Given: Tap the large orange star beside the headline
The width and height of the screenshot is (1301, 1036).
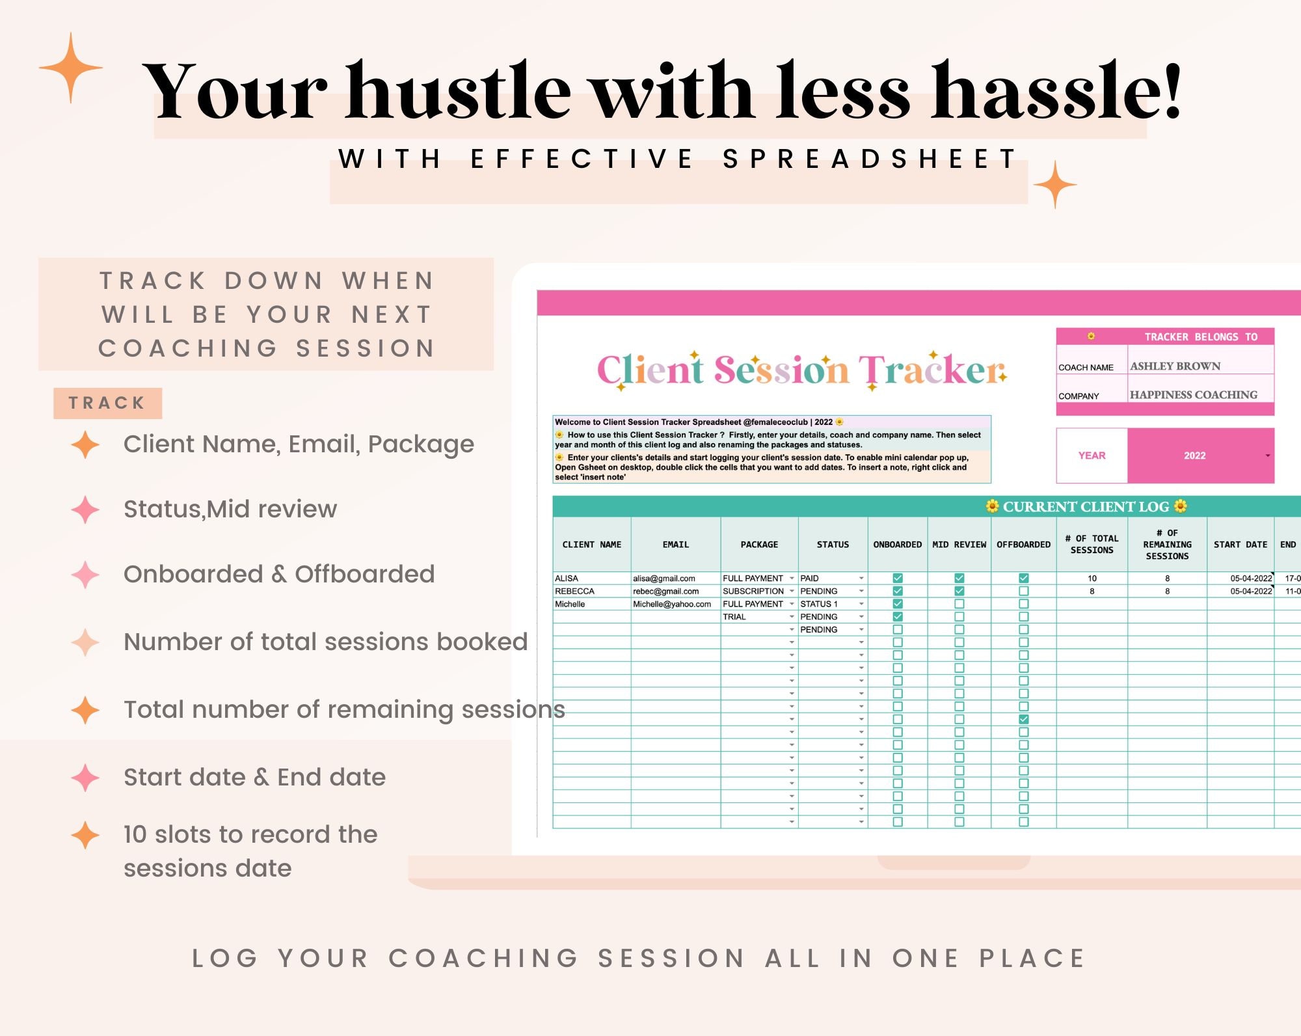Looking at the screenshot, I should point(70,67).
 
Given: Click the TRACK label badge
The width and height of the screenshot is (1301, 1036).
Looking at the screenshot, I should point(107,403).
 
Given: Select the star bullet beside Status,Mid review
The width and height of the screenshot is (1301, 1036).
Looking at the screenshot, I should point(85,510).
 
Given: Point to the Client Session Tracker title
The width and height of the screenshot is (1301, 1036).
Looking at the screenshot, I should point(801,370).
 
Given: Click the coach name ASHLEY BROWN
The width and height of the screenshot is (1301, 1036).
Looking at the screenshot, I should point(1175,366).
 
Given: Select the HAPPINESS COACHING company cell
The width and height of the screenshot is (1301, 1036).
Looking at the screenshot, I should point(1193,395).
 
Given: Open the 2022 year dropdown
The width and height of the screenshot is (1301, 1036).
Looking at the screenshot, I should point(1200,456).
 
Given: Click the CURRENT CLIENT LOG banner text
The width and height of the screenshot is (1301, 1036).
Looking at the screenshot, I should point(1086,506).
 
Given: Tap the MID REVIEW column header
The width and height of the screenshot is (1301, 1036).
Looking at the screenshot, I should point(959,545).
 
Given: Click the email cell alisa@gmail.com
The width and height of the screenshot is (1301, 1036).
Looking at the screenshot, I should point(664,579).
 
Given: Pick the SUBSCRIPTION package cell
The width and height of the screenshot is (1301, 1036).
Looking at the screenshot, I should point(753,592).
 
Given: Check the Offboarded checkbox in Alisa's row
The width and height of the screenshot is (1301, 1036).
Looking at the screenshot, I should point(1023,578).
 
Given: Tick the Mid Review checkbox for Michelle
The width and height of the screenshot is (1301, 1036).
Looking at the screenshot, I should point(959,604).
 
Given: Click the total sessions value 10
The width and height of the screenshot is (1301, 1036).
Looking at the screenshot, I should point(1092,579).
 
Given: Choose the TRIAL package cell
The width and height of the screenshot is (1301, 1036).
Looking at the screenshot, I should point(734,617).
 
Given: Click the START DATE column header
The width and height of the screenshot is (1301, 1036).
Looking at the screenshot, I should point(1240,545).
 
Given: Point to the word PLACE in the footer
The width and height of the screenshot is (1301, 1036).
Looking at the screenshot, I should point(1032,958).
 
